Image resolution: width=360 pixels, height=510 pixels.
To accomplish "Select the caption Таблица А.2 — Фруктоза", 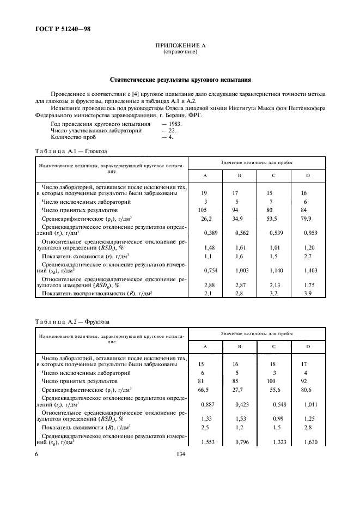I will (74, 321).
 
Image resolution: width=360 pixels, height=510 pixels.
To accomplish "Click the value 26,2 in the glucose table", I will (206, 218).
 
